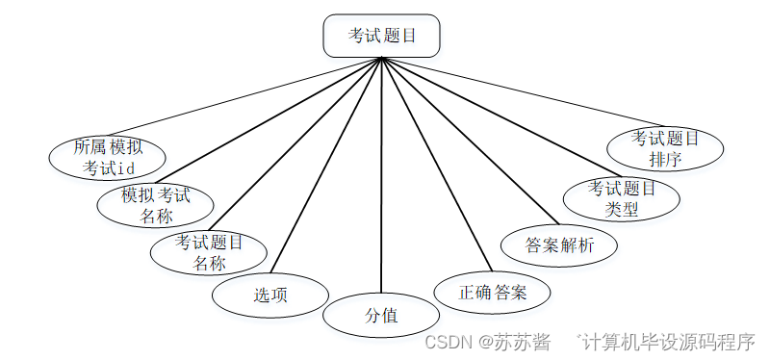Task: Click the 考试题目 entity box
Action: (x=381, y=37)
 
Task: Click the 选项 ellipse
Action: (x=270, y=296)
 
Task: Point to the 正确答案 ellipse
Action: (x=492, y=292)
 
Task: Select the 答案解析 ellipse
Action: (x=559, y=244)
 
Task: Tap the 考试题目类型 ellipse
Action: (x=621, y=197)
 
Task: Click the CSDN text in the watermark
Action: (x=446, y=342)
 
